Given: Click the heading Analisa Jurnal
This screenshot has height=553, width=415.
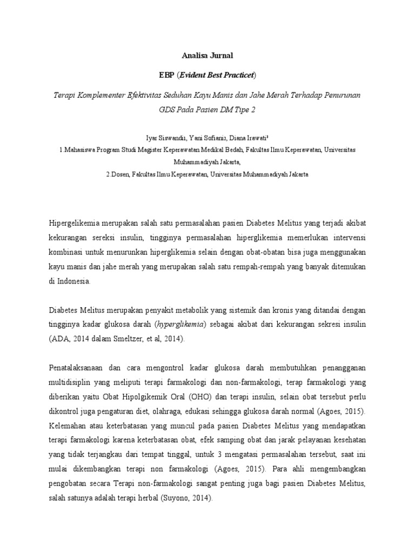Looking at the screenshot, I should point(207,55).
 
